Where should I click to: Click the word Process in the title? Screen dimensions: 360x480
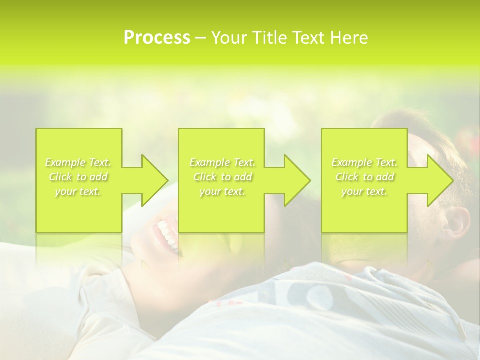pyautogui.click(x=157, y=38)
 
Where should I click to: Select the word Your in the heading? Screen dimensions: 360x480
pyautogui.click(x=230, y=38)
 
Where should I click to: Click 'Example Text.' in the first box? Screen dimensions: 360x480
pyautogui.click(x=78, y=162)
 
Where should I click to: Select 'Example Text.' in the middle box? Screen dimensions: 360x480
pyautogui.click(x=222, y=162)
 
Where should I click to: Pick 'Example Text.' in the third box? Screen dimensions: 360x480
pyautogui.click(x=364, y=162)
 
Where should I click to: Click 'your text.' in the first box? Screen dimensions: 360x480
pyautogui.click(x=78, y=191)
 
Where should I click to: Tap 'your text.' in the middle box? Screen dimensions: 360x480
pyautogui.click(x=222, y=191)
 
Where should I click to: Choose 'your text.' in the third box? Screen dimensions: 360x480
pyautogui.click(x=364, y=191)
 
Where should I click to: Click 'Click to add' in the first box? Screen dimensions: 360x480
pyautogui.click(x=78, y=177)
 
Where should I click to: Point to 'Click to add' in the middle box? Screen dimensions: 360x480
pyautogui.click(x=222, y=177)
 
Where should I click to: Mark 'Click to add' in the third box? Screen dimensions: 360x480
pyautogui.click(x=364, y=177)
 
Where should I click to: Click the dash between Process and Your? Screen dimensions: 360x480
pyautogui.click(x=201, y=38)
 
